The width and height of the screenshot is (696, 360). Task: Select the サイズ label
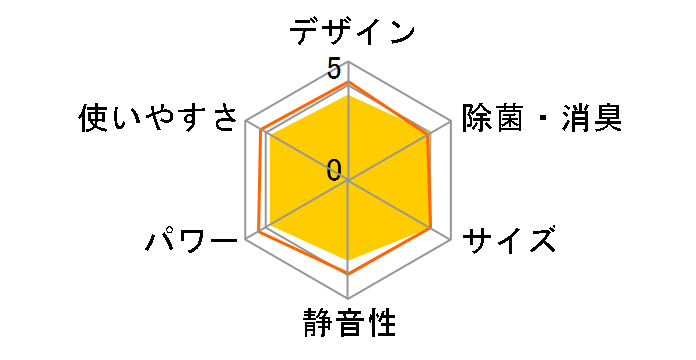click(508, 241)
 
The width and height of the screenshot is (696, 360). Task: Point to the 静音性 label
click(348, 324)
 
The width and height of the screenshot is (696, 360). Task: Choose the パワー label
click(190, 241)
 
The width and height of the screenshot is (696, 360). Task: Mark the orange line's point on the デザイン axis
click(348, 82)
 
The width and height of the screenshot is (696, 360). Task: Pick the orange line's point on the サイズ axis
click(431, 229)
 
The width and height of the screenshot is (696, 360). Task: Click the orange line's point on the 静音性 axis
click(348, 272)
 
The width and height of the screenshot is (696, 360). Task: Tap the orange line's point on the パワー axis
click(259, 232)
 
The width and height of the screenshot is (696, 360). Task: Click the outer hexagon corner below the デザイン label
click(348, 64)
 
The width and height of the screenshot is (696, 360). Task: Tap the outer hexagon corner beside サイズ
click(449, 240)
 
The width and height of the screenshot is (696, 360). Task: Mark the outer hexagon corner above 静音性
click(348, 298)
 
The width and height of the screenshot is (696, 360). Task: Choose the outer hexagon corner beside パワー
click(247, 240)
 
